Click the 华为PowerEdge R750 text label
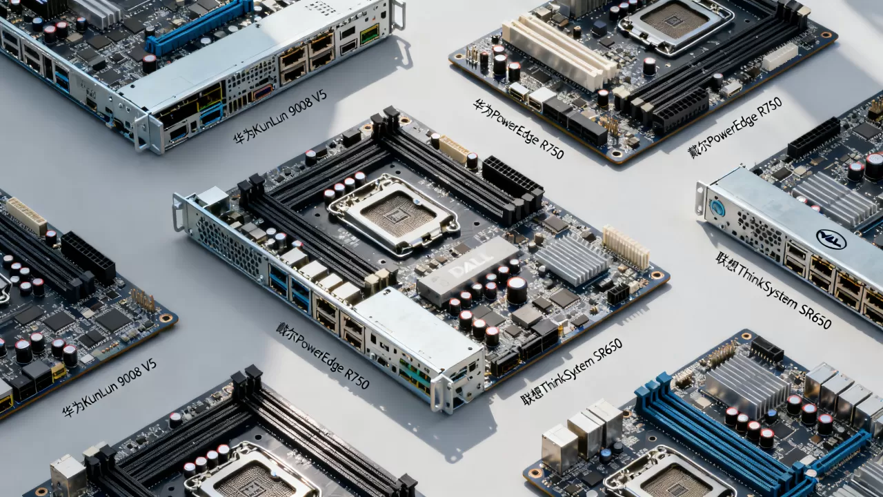[x=518, y=129]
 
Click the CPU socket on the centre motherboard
[x=394, y=214]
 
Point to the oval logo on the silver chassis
[x=831, y=240]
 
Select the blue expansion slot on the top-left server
[x=199, y=26]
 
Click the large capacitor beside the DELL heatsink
[x=517, y=290]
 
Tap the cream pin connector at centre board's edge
[x=626, y=248]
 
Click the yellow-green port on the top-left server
[x=369, y=33]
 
